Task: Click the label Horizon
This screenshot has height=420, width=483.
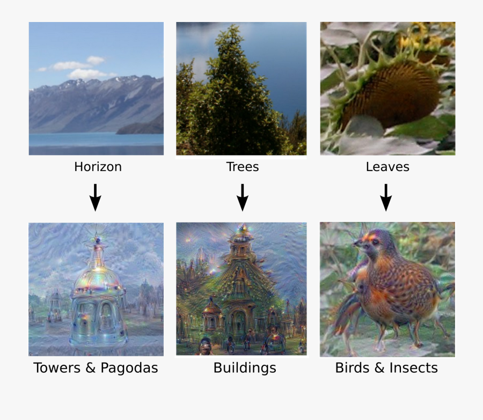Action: pos(98,167)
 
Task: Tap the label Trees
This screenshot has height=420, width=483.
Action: pos(243,167)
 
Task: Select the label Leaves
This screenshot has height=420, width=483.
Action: pos(387,167)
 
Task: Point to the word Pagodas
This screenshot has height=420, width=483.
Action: pos(129,369)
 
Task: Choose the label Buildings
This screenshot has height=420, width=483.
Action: pos(245,369)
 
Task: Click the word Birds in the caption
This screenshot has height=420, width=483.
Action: pos(351,368)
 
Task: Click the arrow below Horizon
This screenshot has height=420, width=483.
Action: pos(95,197)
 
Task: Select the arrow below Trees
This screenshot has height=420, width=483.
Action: pos(243,197)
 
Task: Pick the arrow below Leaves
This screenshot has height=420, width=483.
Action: pos(386,197)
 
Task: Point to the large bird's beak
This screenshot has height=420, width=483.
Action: pos(356,245)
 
